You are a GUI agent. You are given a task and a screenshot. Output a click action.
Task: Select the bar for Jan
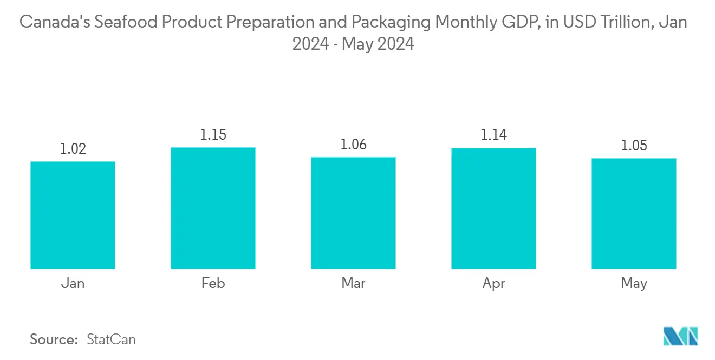(x=73, y=215)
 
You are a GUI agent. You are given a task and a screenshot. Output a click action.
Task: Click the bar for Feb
(x=213, y=208)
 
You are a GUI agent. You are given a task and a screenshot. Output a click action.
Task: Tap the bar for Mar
(x=353, y=213)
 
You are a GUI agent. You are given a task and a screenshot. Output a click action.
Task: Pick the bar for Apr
(x=493, y=208)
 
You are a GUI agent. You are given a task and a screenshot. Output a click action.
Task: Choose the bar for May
(x=634, y=213)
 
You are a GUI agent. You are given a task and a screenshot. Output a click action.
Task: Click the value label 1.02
(x=73, y=149)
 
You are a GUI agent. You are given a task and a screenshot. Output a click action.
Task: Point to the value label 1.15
(x=213, y=135)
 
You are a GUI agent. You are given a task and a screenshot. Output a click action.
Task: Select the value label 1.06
(x=353, y=145)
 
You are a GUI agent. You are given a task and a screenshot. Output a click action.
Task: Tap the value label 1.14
(x=493, y=135)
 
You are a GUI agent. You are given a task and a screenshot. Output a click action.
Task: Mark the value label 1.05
(x=634, y=146)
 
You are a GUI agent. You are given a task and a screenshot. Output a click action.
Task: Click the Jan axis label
(x=73, y=283)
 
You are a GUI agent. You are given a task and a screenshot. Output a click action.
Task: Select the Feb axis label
(x=213, y=283)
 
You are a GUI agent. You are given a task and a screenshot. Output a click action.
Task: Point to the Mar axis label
(x=353, y=283)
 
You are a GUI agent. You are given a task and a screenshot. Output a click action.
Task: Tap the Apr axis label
(x=493, y=283)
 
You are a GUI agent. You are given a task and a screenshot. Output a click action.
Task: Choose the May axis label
(x=634, y=283)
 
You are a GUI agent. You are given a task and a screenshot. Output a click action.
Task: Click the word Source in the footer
(x=54, y=339)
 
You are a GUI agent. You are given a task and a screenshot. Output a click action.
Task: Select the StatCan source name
(x=111, y=339)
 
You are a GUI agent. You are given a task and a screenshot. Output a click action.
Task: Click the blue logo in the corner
(x=681, y=336)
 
